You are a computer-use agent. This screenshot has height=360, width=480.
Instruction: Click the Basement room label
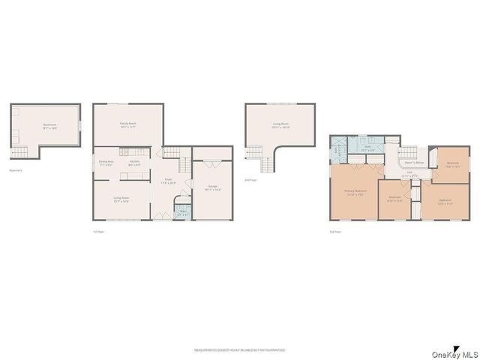[x=49, y=126]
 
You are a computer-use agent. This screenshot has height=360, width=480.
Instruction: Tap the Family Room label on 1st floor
[x=127, y=124]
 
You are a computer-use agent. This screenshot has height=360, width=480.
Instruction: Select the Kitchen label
[x=135, y=163]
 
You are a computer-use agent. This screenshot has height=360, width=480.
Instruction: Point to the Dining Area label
[x=106, y=163]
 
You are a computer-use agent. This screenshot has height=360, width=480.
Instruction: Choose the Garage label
[x=212, y=189]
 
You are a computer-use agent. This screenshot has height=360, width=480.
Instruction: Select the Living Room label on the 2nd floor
[x=281, y=125]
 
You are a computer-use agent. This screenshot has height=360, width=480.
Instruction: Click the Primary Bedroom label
[x=355, y=192]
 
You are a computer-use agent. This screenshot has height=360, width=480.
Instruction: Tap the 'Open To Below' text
[x=415, y=162]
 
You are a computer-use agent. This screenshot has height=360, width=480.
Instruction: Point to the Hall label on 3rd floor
[x=410, y=173]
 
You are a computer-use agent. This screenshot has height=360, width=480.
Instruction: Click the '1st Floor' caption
[x=97, y=232]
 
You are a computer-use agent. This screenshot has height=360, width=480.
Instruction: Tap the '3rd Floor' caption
[x=335, y=232]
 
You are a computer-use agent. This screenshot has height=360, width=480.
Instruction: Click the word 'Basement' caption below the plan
[x=16, y=170]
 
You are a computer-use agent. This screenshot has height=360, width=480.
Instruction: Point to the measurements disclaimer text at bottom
[x=239, y=349]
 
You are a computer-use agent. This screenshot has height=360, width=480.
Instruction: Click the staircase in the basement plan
[x=21, y=152]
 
